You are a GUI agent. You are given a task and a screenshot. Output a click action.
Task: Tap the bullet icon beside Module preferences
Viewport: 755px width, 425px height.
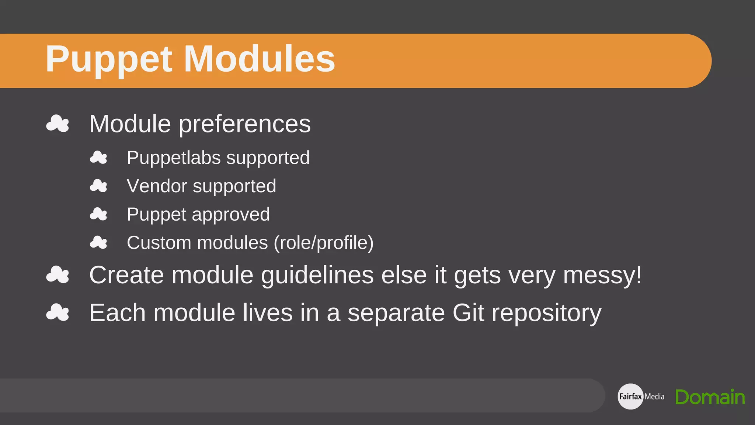pyautogui.click(x=58, y=124)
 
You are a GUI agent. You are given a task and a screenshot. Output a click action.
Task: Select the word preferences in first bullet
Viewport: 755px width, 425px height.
pyautogui.click(x=245, y=124)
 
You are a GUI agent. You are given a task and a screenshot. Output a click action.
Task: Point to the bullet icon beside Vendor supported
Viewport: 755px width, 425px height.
pyautogui.click(x=98, y=186)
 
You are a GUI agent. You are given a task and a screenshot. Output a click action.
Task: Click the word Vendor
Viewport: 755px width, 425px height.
pyautogui.click(x=157, y=186)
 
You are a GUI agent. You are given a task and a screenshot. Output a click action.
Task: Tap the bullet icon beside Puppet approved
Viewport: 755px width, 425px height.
pyautogui.click(x=98, y=214)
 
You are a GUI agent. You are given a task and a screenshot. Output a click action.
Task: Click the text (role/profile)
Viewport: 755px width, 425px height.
pyautogui.click(x=323, y=243)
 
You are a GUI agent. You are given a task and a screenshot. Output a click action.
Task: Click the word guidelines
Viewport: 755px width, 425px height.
pyautogui.click(x=317, y=276)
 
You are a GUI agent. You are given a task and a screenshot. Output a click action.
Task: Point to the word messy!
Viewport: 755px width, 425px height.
pyautogui.click(x=602, y=276)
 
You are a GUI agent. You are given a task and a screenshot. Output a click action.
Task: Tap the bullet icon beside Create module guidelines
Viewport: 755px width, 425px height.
pyautogui.click(x=58, y=275)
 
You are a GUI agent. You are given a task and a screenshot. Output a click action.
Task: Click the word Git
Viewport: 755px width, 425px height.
pyautogui.click(x=468, y=313)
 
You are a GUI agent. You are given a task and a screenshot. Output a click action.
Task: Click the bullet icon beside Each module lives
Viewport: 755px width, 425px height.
pyautogui.click(x=58, y=313)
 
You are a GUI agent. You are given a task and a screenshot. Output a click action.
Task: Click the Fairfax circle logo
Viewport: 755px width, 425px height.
pyautogui.click(x=630, y=397)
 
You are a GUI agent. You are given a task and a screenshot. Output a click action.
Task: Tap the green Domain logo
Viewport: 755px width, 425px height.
pyautogui.click(x=710, y=397)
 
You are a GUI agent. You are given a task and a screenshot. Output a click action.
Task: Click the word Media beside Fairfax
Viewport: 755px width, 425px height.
pyautogui.click(x=654, y=397)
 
